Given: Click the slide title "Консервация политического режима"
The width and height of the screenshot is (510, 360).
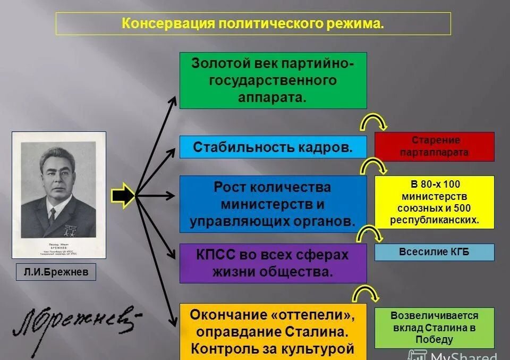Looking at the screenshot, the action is coord(253,24).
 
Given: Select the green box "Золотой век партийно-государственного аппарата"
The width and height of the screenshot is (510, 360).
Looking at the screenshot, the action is coord(273,80).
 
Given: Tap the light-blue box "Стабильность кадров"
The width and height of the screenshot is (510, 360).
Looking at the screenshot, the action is coord(273,147).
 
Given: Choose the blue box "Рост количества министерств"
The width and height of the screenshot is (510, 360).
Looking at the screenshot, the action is coord(273,204).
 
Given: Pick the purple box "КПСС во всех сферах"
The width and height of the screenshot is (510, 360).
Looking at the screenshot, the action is coord(273,263).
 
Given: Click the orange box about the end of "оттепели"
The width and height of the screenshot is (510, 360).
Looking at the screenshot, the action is coord(273,331).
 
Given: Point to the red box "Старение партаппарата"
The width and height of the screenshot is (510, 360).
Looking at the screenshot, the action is coord(435,147).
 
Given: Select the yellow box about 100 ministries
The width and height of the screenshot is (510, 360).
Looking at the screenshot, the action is coord(435,202).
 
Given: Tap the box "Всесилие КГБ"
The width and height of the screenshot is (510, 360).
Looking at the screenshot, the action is coord(435,252).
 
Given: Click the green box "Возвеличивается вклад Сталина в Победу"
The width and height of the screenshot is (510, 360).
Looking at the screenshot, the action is coord(435,328).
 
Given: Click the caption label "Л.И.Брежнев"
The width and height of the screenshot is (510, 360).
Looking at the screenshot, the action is coord(56,273).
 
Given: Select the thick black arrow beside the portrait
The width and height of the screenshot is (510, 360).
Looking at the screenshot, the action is coord(123,195).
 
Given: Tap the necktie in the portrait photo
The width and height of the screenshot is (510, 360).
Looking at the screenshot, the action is coord(52,215).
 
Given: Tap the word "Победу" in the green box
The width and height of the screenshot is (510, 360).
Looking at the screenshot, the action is coord(435,339).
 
